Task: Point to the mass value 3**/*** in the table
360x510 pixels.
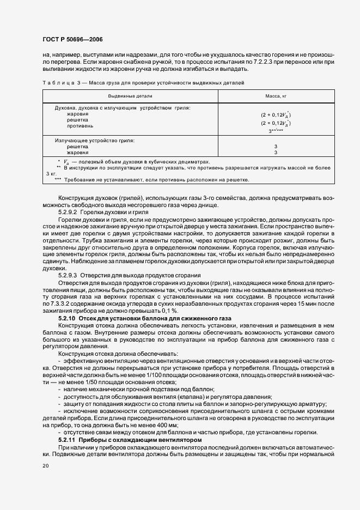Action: (276, 131)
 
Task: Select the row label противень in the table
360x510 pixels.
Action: (80, 125)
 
